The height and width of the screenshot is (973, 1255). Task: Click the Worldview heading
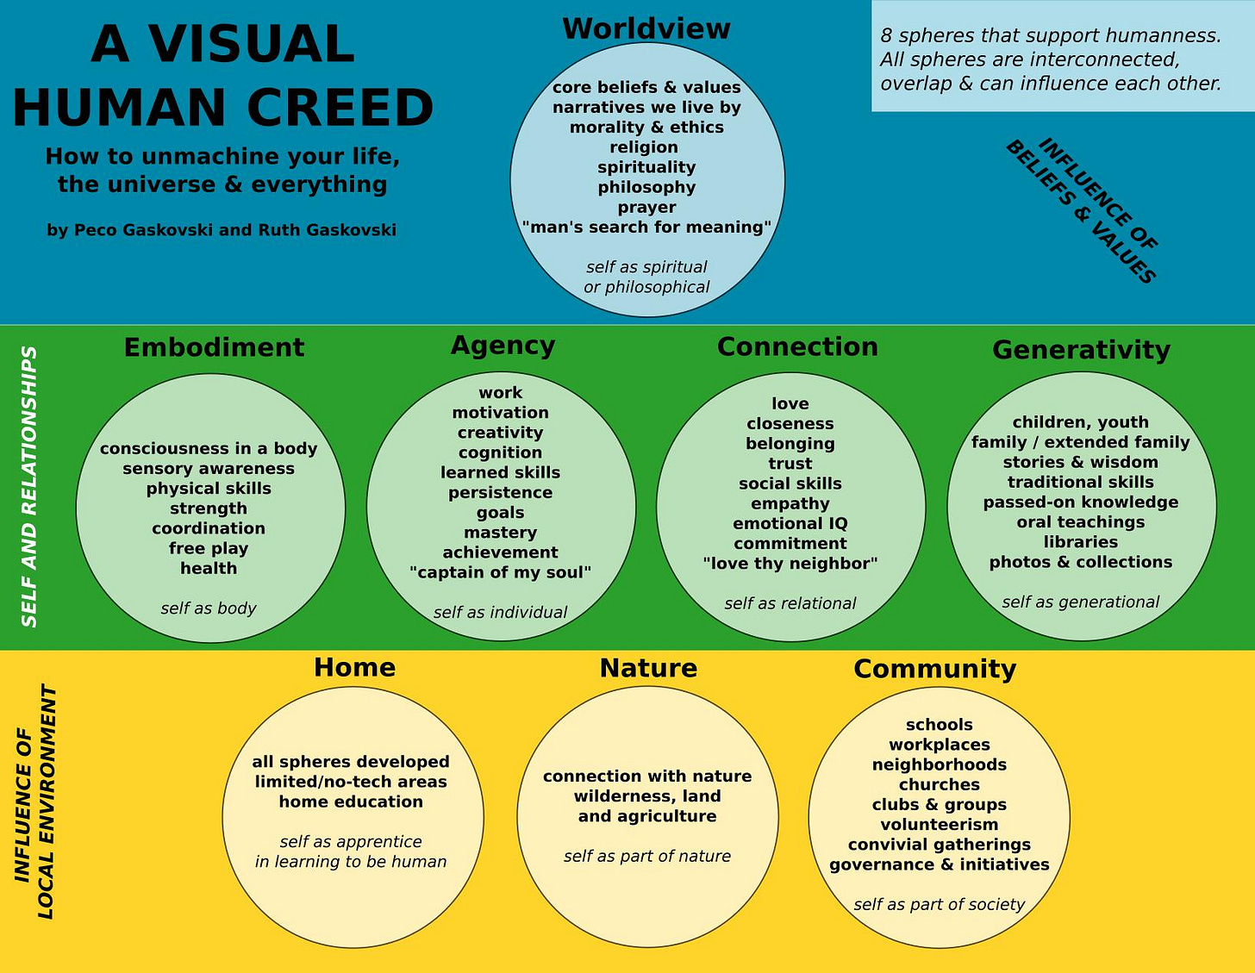[646, 28]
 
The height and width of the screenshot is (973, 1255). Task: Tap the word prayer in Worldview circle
[646, 208]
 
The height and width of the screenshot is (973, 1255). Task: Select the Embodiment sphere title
[214, 347]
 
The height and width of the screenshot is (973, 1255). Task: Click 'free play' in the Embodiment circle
[209, 548]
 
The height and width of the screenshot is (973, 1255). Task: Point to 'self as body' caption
[209, 608]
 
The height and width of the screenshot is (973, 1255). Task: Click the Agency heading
[503, 346]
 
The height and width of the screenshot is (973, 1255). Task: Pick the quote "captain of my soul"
[500, 573]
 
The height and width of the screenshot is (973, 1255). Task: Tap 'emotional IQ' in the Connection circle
[790, 524]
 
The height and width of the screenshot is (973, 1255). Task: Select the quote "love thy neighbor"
[790, 564]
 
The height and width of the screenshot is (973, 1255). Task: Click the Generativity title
[1081, 350]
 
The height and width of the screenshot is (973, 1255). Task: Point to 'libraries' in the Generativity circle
[1080, 542]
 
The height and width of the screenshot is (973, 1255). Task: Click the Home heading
[354, 668]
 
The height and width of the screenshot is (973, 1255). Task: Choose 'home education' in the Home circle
[351, 802]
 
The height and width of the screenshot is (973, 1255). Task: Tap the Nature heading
[648, 669]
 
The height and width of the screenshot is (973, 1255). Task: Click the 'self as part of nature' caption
[647, 857]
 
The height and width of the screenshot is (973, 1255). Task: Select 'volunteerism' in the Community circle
[939, 825]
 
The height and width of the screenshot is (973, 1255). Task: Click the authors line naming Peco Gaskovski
[222, 230]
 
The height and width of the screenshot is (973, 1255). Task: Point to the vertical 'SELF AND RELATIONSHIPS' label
[29, 487]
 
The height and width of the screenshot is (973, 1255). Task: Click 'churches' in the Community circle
[939, 785]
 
